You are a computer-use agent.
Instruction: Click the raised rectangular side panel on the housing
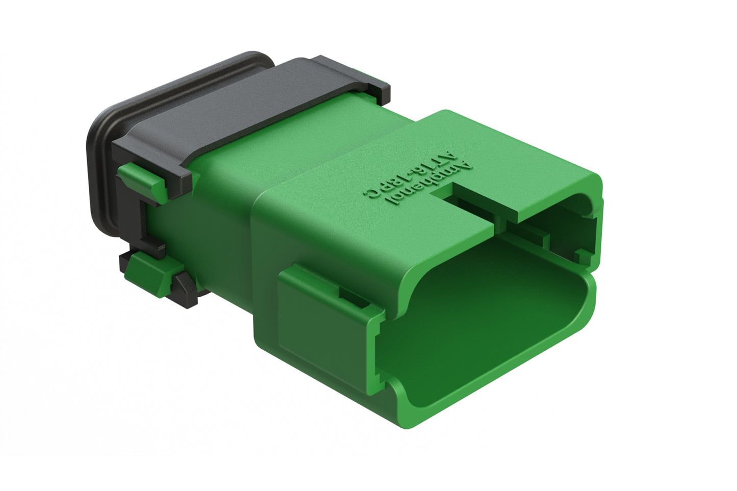pos(321,326)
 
